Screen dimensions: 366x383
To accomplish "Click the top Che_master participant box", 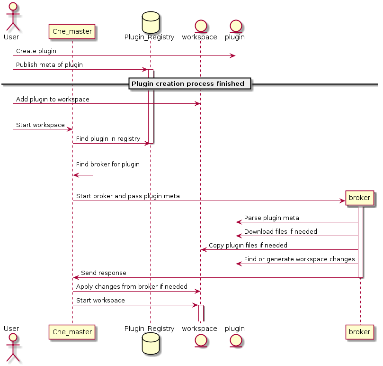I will coord(72,31).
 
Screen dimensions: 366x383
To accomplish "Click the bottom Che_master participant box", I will coord(72,332).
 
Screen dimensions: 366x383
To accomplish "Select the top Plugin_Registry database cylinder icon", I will coord(150,21).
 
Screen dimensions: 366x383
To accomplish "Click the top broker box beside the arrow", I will coord(360,198).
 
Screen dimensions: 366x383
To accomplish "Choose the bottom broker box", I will coord(360,332).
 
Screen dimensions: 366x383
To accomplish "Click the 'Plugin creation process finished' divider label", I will coord(188,84).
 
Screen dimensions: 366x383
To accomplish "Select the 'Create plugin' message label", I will coord(36,51).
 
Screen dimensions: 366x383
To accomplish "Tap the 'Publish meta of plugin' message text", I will coord(49,65).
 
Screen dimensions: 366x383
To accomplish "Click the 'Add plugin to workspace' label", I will coord(53,100).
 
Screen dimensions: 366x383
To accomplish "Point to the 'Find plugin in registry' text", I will coord(108,139).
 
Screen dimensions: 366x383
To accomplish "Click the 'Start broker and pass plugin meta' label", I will coord(128,196).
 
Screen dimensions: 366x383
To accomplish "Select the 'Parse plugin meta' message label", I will coord(271,218).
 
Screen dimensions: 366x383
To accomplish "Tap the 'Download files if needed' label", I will coord(280,232).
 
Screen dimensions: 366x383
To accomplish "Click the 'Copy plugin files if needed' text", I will coord(248,246).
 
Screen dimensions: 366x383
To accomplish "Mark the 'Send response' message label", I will coord(104,273).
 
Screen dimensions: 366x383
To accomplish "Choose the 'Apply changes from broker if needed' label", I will coord(132,287).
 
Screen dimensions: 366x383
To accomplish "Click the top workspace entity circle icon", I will coord(199,23).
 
